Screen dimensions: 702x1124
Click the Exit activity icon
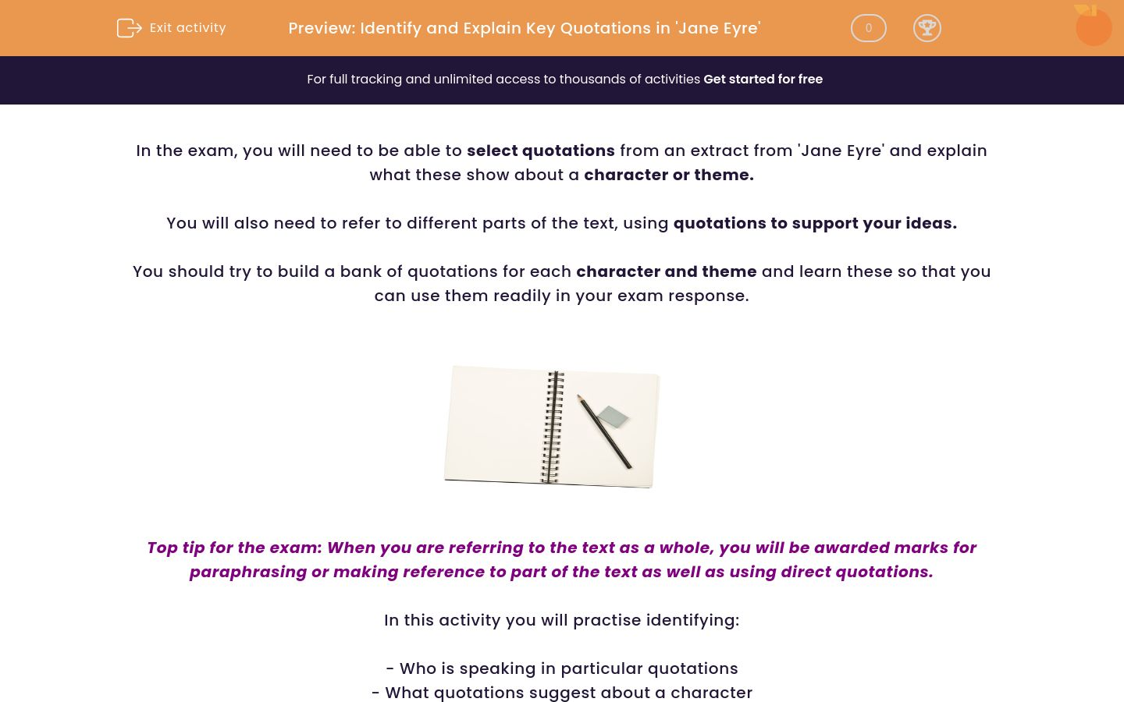pos(129,28)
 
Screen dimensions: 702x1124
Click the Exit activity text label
pos(187,28)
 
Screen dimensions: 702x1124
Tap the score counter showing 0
pos(868,28)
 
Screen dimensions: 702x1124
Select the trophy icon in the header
pos(927,28)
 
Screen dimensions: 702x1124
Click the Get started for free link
pos(763,80)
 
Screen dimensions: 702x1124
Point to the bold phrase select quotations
pos(540,151)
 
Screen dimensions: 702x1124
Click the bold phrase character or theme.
pos(668,175)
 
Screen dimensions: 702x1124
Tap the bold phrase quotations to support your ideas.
pos(814,223)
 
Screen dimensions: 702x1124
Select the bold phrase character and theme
pos(666,271)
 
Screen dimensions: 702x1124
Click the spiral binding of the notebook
pos(553,427)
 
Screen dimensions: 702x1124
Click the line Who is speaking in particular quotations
pos(561,668)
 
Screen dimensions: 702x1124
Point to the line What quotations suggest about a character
pos(561,693)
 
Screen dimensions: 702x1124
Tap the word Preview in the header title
pos(321,28)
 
